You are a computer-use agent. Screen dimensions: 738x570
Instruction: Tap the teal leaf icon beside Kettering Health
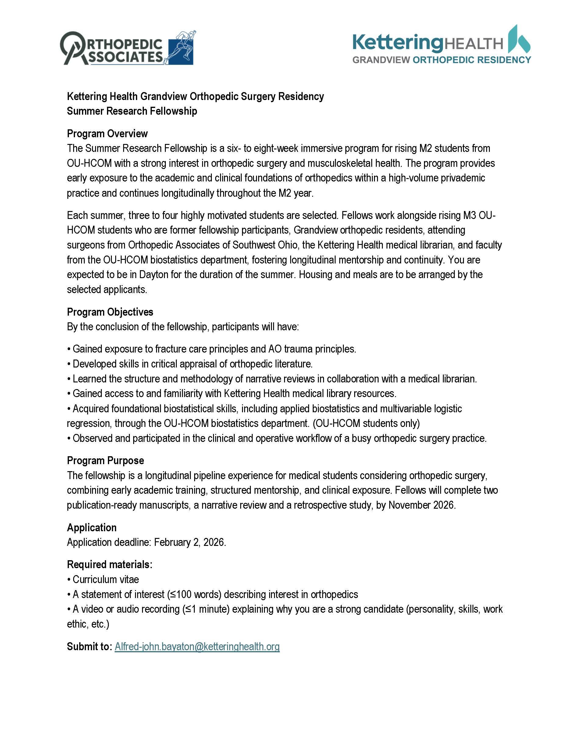(x=520, y=40)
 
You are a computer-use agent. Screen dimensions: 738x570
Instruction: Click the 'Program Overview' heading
(x=107, y=134)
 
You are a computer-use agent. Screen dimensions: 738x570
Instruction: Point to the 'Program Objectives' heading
(x=110, y=312)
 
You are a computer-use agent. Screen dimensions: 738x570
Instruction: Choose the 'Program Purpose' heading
(x=105, y=460)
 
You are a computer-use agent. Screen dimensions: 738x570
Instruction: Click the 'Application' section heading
(x=91, y=527)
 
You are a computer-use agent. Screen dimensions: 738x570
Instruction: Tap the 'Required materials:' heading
(x=109, y=564)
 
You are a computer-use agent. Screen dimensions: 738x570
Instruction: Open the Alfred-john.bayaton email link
(x=197, y=647)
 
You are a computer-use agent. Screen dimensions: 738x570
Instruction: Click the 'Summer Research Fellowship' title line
(x=132, y=111)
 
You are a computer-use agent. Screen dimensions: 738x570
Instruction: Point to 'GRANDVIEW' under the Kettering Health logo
(x=381, y=60)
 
